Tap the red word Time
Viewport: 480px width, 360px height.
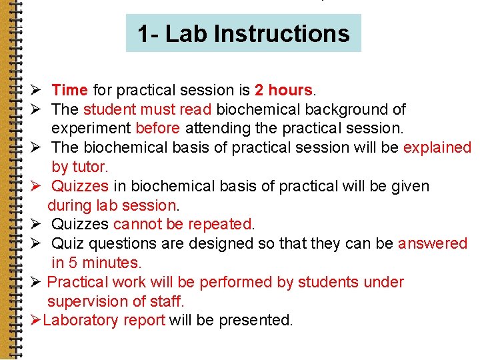pos(69,90)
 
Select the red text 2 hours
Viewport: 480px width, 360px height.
pos(283,90)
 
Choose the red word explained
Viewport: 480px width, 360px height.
pos(437,147)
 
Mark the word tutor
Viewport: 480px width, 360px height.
pos(89,167)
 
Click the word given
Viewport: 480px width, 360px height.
pos(407,186)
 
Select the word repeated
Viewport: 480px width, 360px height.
pos(220,225)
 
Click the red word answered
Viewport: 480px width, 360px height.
pos(433,244)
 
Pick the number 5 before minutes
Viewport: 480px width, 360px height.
pos(73,263)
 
